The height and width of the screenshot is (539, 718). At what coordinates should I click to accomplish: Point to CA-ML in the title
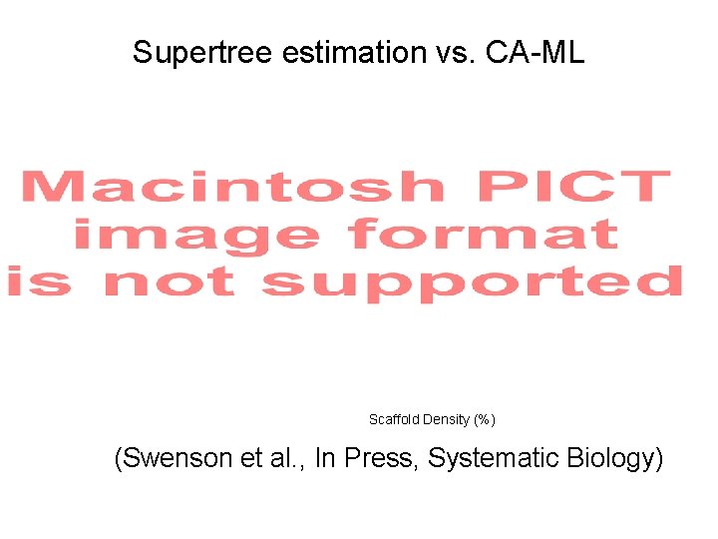coord(536,53)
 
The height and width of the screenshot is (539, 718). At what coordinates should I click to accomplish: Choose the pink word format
coord(484,235)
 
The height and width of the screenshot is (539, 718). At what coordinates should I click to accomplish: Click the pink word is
coord(40,281)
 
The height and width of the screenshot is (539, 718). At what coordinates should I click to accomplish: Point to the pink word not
coord(170,281)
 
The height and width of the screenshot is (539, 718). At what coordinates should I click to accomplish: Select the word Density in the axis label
coord(446,419)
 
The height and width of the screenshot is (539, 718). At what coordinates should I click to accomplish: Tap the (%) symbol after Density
coord(484,419)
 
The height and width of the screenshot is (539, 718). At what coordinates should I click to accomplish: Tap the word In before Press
coord(325,459)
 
